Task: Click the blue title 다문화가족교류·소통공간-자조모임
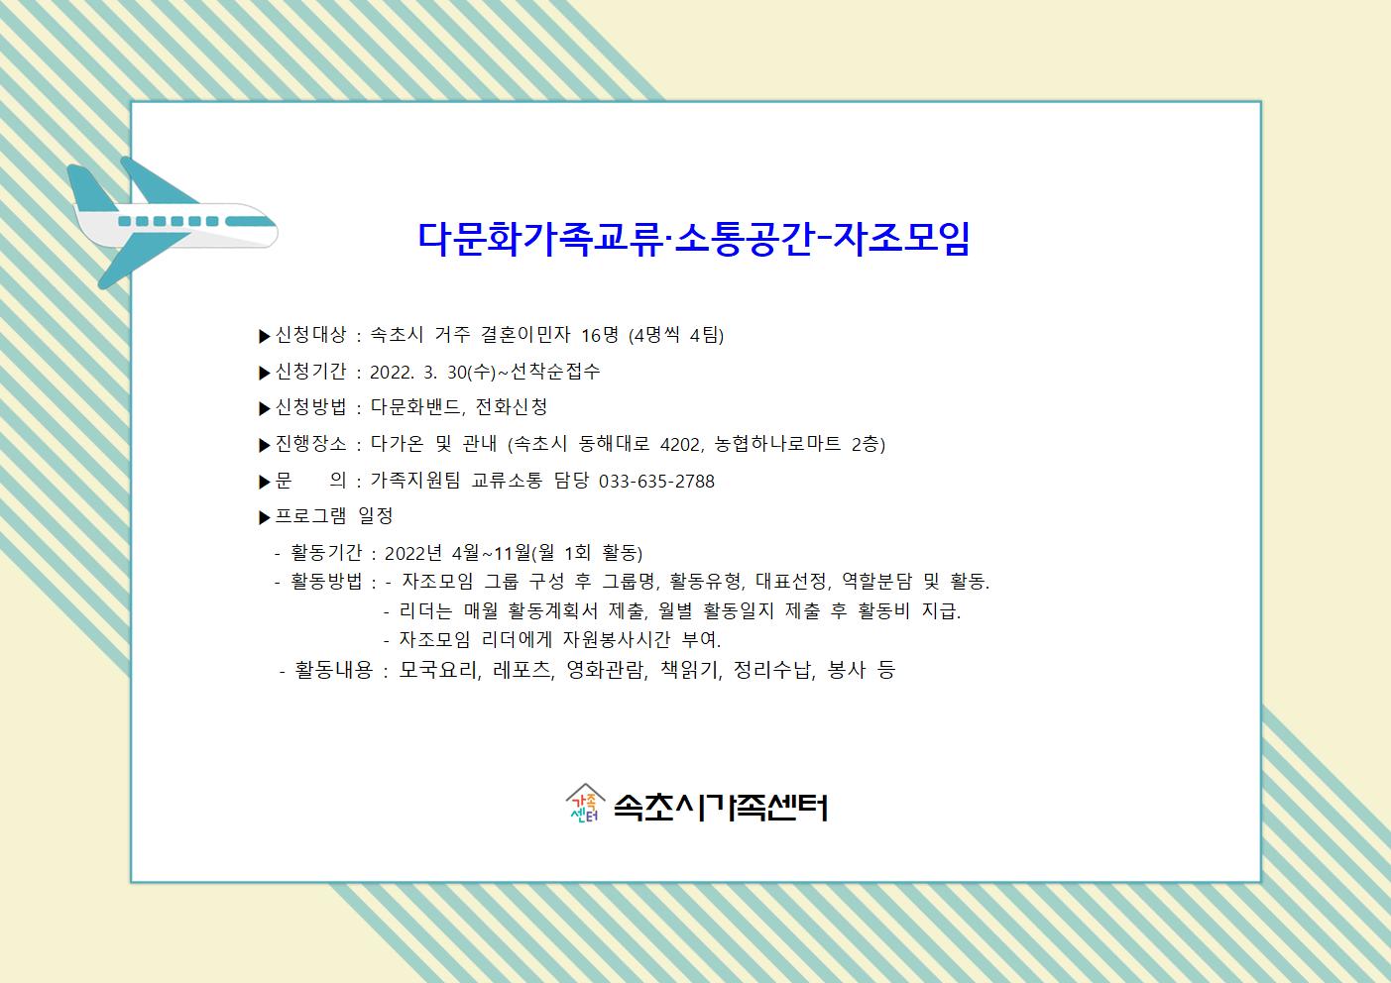694,238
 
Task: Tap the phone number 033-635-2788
656,482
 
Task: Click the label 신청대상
310,335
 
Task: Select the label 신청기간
310,372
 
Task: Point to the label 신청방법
310,407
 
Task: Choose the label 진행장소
310,444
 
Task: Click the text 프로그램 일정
334,515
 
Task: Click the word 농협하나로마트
777,444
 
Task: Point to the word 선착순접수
555,372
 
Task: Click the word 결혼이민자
525,335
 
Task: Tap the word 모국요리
438,670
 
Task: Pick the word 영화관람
606,670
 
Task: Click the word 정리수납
772,670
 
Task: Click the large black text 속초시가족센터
721,808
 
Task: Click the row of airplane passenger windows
168,222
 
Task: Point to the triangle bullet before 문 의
265,483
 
